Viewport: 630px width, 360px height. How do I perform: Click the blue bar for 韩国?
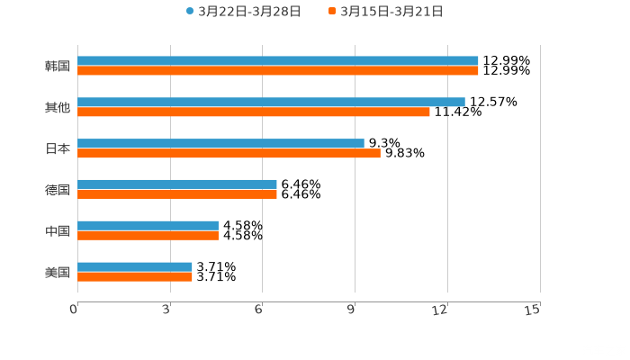(278, 61)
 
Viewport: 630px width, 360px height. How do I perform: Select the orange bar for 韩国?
(278, 71)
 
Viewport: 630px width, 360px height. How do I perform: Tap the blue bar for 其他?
(271, 103)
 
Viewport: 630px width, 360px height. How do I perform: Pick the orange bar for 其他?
(254, 112)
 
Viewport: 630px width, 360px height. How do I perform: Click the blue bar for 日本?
(220, 143)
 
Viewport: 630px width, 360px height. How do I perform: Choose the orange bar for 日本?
(229, 154)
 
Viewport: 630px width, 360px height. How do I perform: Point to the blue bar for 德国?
(177, 184)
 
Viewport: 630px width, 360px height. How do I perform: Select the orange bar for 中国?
(148, 236)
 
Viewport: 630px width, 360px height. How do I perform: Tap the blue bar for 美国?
(135, 267)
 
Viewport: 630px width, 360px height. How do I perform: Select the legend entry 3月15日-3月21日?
(391, 12)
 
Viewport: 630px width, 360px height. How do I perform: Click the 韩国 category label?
(58, 66)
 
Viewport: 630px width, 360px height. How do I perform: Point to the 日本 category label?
(58, 148)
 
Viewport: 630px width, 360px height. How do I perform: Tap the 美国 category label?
(58, 272)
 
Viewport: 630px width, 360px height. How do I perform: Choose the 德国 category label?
(58, 190)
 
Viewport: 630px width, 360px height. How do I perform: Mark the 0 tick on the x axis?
(74, 310)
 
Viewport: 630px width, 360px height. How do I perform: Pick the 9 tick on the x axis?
(350, 310)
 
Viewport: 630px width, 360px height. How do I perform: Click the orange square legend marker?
(332, 12)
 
